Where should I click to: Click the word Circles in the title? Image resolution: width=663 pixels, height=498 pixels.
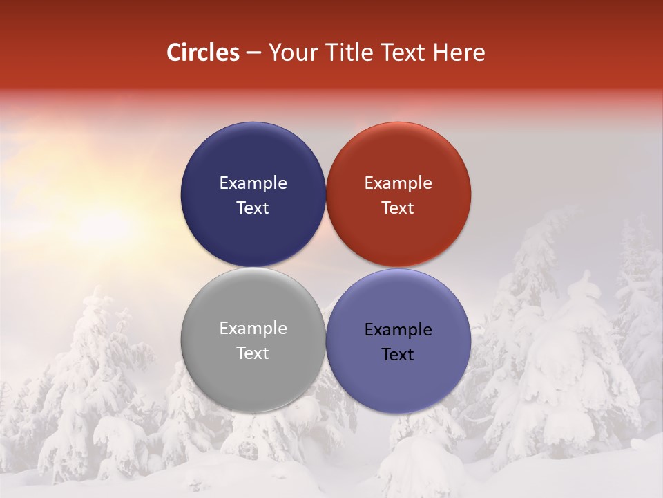[x=202, y=53]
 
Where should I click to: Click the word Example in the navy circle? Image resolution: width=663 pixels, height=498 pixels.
[x=253, y=183]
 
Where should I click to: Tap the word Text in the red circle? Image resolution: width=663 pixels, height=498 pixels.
[x=398, y=207]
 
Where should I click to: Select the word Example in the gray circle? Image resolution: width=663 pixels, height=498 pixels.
[x=253, y=328]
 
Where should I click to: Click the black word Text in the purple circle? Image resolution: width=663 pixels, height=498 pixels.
[x=398, y=354]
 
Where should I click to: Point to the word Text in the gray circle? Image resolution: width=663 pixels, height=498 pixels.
[x=253, y=353]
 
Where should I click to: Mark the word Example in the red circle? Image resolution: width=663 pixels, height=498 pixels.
[x=398, y=183]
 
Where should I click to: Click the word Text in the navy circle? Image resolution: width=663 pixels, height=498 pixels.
[x=253, y=207]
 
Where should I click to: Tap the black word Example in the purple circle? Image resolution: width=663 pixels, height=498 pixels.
[x=398, y=329]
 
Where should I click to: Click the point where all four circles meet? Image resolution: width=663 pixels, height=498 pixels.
[x=325, y=267]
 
